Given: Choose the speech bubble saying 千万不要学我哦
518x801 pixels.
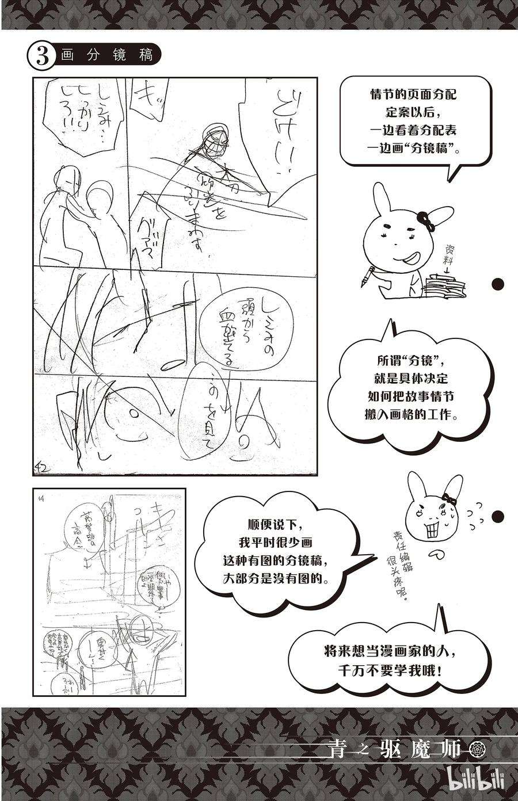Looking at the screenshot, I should pos(391,662).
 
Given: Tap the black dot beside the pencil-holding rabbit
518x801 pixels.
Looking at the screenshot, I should pos(499,284).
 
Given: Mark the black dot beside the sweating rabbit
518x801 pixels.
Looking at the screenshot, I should pos(500,514).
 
